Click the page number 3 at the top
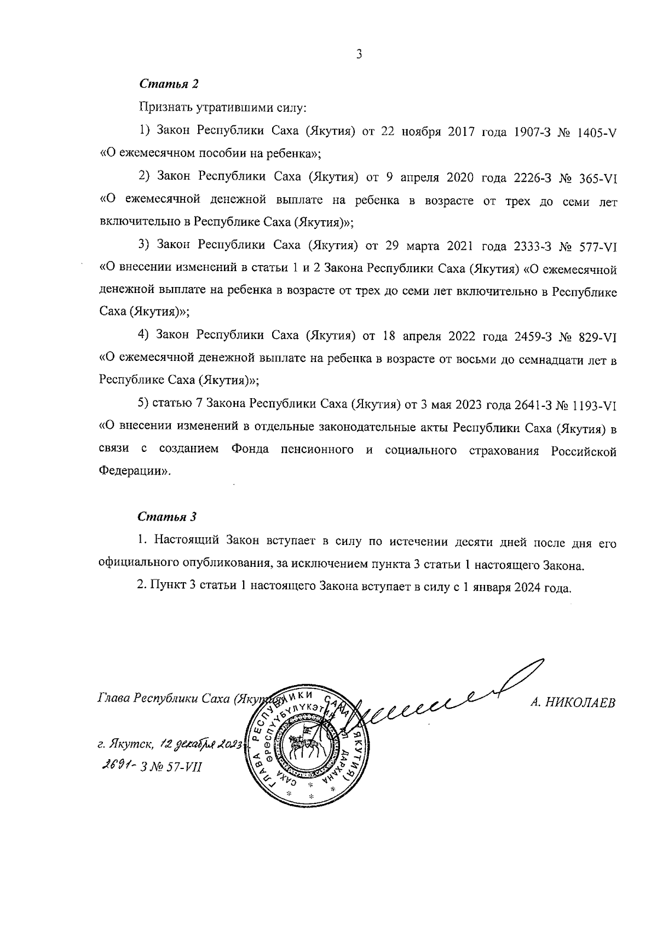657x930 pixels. pyautogui.click(x=359, y=54)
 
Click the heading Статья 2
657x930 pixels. pyautogui.click(x=169, y=84)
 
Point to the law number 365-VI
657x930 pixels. pyautogui.click(x=598, y=177)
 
